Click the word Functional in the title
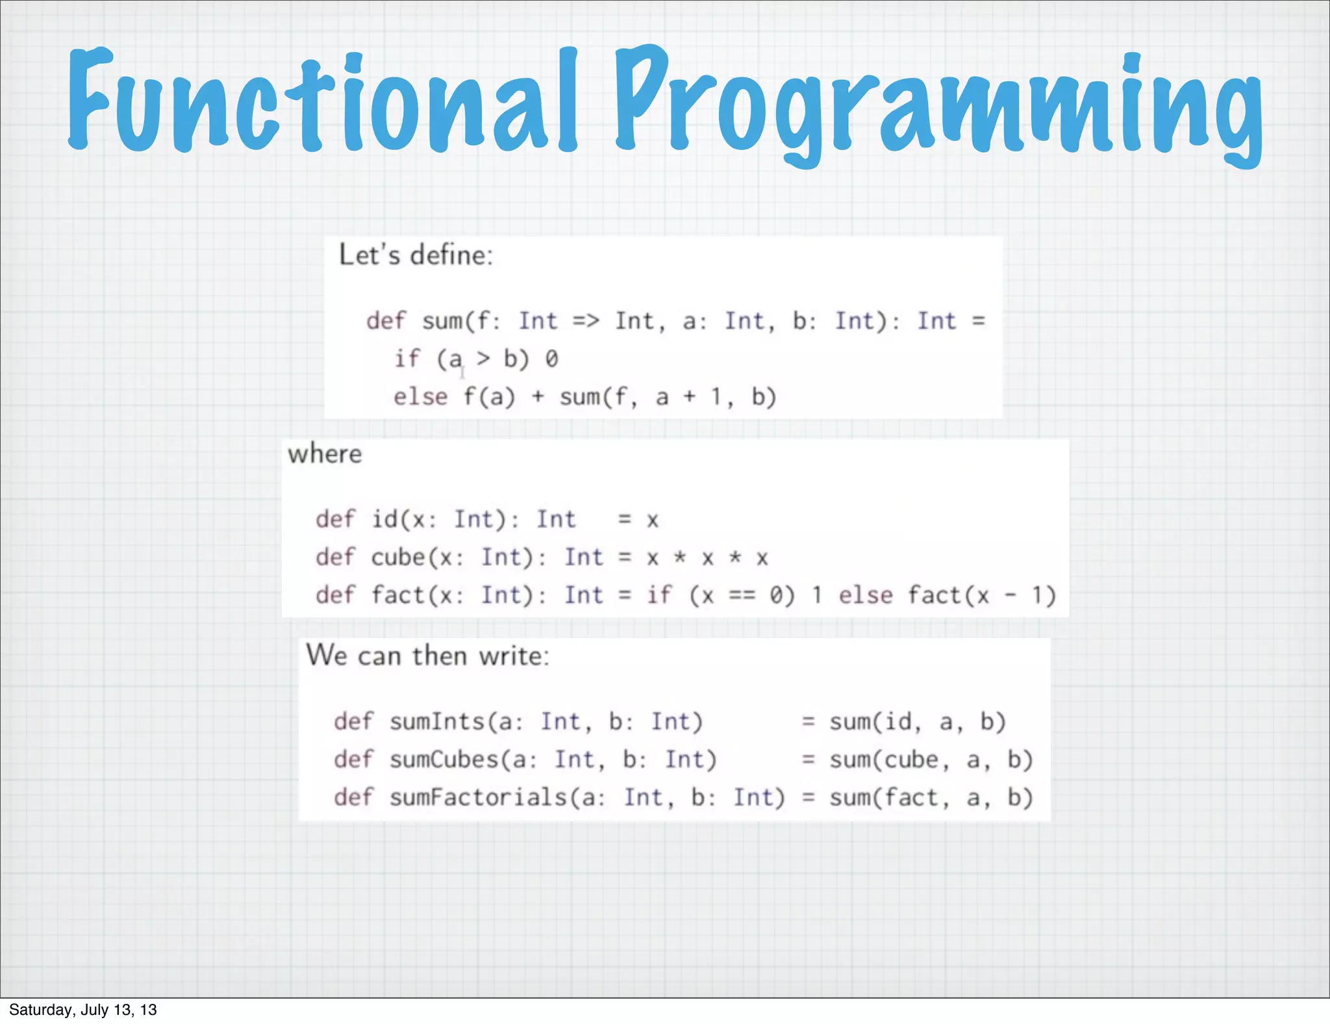point(321,101)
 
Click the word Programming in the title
point(938,104)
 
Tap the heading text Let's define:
point(416,255)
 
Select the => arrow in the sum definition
point(586,321)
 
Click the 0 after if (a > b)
point(551,359)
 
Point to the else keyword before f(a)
point(420,396)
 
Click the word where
point(325,454)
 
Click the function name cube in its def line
point(397,557)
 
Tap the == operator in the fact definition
point(742,595)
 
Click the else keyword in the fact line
point(865,595)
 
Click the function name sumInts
point(437,721)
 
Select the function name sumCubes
point(444,759)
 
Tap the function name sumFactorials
point(479,797)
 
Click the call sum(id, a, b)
point(917,721)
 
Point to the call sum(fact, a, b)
point(931,797)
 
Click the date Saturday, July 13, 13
point(82,1010)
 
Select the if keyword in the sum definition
point(407,359)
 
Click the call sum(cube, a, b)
point(931,759)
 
